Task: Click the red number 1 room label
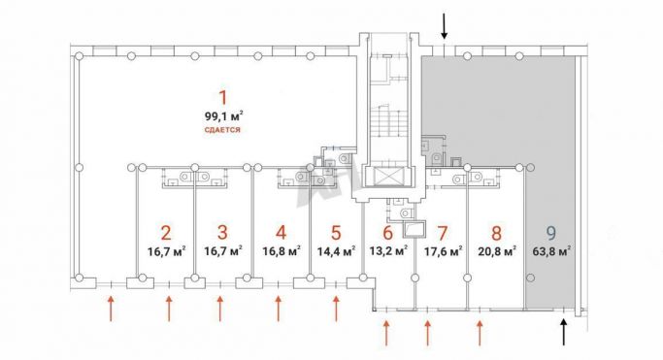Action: pyautogui.click(x=222, y=98)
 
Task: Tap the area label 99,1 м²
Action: pyautogui.click(x=223, y=115)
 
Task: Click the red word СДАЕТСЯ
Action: pyautogui.click(x=222, y=130)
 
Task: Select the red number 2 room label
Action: pyautogui.click(x=166, y=233)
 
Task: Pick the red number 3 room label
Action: pyautogui.click(x=222, y=232)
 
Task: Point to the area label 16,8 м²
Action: pyautogui.click(x=282, y=251)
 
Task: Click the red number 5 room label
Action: pyautogui.click(x=336, y=232)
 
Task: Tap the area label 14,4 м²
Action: pyautogui.click(x=336, y=251)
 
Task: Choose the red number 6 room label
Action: pyautogui.click(x=387, y=232)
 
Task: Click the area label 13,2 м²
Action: pyautogui.click(x=388, y=251)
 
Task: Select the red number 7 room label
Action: pyautogui.click(x=443, y=233)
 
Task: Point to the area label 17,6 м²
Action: pyautogui.click(x=443, y=251)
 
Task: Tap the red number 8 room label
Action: pyautogui.click(x=497, y=233)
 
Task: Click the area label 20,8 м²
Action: pyautogui.click(x=497, y=251)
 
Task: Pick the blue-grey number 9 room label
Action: pyautogui.click(x=551, y=232)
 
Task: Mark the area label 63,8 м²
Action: pyautogui.click(x=551, y=251)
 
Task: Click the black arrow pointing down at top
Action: pyautogui.click(x=444, y=26)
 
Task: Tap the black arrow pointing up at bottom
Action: pyautogui.click(x=563, y=332)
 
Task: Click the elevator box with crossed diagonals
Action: pyautogui.click(x=387, y=177)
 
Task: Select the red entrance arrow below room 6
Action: pyautogui.click(x=386, y=333)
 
